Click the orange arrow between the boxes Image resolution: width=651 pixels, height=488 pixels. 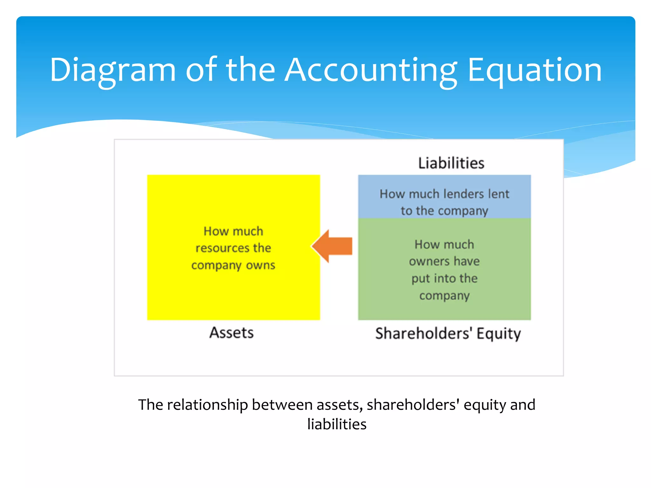coord(332,246)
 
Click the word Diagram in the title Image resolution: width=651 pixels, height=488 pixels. coord(113,70)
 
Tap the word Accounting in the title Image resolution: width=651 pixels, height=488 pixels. coord(371,70)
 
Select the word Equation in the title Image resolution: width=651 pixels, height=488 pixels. coord(535,70)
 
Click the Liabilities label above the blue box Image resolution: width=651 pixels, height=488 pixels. coord(451,163)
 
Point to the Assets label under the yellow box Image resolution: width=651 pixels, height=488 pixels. coord(231,333)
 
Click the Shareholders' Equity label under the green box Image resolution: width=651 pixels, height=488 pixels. coord(448,333)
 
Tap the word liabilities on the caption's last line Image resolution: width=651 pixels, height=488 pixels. coord(337,424)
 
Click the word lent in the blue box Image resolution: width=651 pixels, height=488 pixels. coord(500,194)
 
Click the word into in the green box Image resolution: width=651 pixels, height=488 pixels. coord(444,279)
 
